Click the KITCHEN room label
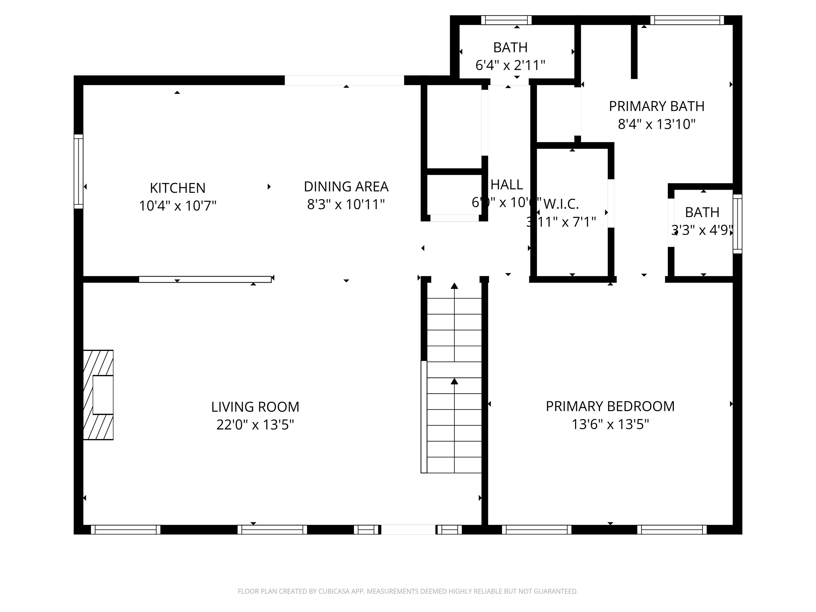point(177,188)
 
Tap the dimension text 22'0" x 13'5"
point(255,424)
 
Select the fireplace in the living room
point(98,395)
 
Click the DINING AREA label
point(346,187)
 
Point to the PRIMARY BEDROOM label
point(610,406)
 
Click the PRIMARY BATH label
point(656,106)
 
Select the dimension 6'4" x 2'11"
point(510,65)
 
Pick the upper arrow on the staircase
point(454,286)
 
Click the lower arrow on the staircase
point(454,381)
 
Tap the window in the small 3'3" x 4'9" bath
point(737,224)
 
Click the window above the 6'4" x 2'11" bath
point(506,20)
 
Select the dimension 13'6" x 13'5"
point(610,424)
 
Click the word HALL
point(507,184)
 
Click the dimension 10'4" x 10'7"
point(177,206)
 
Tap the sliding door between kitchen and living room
point(205,279)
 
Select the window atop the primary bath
point(687,20)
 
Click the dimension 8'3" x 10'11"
point(346,204)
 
